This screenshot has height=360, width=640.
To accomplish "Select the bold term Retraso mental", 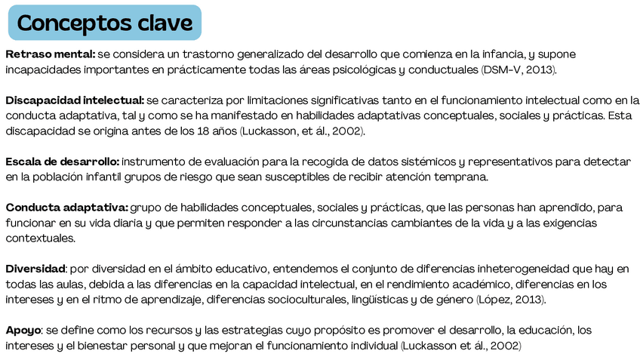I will (x=50, y=55).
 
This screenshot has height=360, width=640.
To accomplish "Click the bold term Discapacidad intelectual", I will (x=75, y=100).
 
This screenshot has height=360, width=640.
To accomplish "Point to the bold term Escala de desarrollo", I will (x=62, y=162).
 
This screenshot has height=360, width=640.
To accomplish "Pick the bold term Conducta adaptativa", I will (x=66, y=208).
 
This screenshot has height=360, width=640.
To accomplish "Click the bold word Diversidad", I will (x=35, y=269).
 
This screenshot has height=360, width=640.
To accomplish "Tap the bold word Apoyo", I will (x=22, y=330).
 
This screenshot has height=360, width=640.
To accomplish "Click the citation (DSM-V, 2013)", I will (x=518, y=70).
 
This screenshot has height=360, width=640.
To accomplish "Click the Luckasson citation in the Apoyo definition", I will (x=460, y=346).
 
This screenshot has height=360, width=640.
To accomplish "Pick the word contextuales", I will (x=41, y=238).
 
